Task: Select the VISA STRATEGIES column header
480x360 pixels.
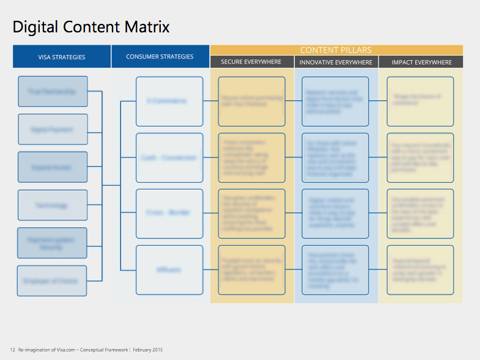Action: (x=62, y=57)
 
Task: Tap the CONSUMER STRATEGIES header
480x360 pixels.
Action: (x=160, y=57)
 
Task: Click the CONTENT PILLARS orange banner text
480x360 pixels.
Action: (x=336, y=50)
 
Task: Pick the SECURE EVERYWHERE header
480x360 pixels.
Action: (x=251, y=62)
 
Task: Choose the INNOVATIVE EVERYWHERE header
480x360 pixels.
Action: (x=336, y=62)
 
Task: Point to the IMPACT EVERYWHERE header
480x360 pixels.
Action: (x=421, y=62)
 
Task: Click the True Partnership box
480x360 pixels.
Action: (x=53, y=92)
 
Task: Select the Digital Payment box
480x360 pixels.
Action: (x=53, y=129)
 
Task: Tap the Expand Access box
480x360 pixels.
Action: (x=53, y=167)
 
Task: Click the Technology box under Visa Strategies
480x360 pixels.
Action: (x=53, y=205)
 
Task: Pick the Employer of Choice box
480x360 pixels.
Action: (x=52, y=281)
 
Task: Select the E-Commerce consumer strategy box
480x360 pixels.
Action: (x=169, y=101)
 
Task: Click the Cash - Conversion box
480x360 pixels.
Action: (x=169, y=158)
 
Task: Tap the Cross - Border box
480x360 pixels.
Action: (x=169, y=213)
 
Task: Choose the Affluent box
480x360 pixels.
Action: (x=169, y=270)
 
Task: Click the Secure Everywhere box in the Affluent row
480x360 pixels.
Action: (x=251, y=270)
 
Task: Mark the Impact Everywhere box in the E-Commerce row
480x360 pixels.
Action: (x=420, y=101)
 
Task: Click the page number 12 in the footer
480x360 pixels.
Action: (x=12, y=350)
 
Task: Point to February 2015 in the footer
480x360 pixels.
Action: (x=148, y=350)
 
